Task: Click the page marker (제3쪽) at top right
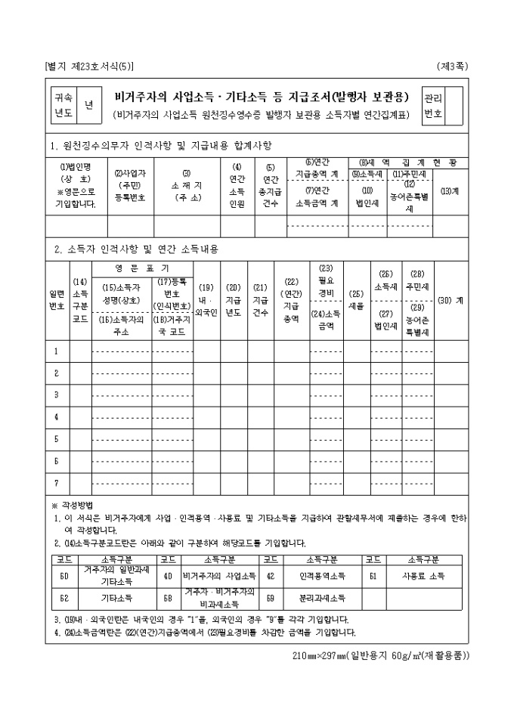452,67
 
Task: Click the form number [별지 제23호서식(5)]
90,67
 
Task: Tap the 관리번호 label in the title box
433,106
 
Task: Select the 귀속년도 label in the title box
63,105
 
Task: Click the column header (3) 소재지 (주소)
186,185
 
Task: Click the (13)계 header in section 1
450,191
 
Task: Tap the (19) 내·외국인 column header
206,299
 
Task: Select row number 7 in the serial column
56,481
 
